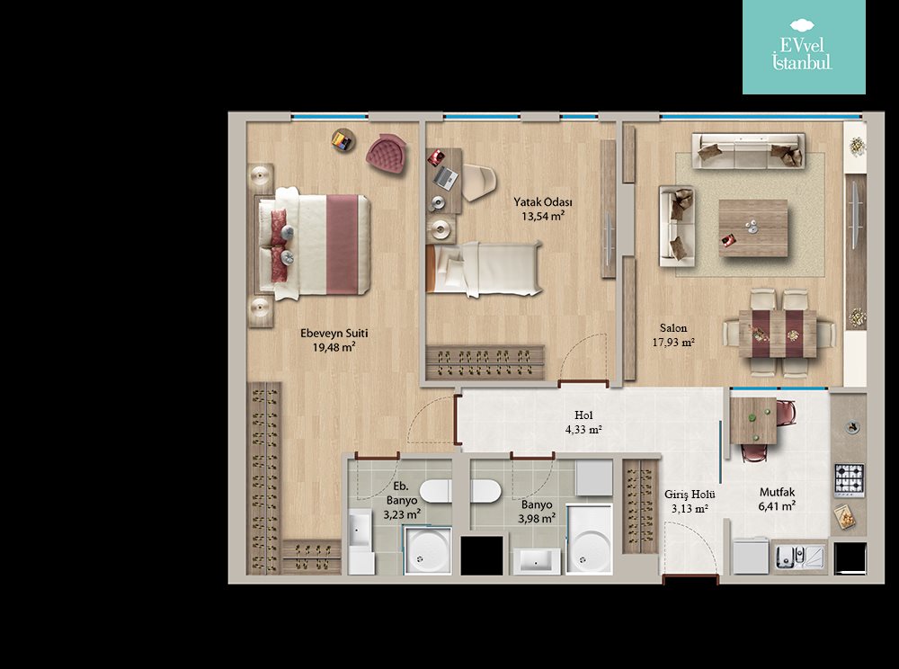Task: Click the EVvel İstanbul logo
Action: [x=803, y=47]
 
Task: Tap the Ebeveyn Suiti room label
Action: [x=334, y=333]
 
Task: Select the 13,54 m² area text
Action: [x=543, y=216]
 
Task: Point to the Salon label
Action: [x=673, y=328]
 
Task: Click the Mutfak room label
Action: [x=777, y=492]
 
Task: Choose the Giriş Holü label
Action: [x=690, y=495]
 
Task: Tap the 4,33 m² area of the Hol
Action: [x=583, y=430]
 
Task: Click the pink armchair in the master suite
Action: [x=387, y=153]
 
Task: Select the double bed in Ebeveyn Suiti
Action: [x=313, y=244]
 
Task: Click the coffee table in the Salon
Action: [x=752, y=228]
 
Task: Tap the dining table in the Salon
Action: [x=778, y=334]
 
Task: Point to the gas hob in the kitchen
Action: [x=850, y=480]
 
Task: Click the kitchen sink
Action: [x=799, y=557]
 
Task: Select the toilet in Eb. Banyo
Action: [x=435, y=491]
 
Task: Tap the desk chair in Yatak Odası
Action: [x=479, y=183]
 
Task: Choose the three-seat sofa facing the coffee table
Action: [x=748, y=151]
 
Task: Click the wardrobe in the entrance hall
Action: [x=640, y=506]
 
